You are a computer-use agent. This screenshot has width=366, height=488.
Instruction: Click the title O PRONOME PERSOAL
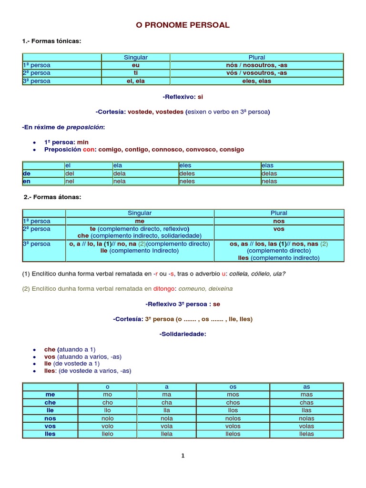point(183,25)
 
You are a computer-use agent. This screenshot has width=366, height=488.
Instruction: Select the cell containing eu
point(136,65)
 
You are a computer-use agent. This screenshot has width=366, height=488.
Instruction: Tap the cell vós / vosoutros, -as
point(256,73)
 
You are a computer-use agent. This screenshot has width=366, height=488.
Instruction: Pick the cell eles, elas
point(256,81)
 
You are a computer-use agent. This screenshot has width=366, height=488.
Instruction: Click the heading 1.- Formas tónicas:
point(51,41)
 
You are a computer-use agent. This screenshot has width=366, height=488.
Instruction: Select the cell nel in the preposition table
point(70,181)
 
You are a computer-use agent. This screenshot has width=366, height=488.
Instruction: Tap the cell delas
point(269,173)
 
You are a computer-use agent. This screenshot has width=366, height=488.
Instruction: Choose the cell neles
point(187,181)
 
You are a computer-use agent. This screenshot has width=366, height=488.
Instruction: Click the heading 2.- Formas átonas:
point(52,197)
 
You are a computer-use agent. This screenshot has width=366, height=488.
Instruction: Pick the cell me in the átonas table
point(140,221)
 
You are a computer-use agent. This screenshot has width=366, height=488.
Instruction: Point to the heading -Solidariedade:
point(183,334)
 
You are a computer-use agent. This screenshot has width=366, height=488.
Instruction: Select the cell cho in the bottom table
point(107,403)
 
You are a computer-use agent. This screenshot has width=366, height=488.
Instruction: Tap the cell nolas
point(306,418)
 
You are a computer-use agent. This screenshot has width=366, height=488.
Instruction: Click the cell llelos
point(233,434)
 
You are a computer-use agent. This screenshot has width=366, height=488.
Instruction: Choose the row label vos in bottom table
point(50,426)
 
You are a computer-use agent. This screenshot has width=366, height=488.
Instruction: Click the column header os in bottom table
point(233,387)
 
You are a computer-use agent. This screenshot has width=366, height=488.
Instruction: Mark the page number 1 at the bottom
point(183,456)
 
